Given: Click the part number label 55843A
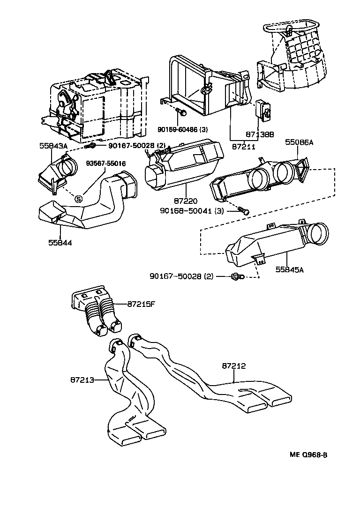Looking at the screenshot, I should tap(53, 146).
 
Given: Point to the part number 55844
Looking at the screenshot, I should tap(60, 242).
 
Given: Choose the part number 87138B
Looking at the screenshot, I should tap(260, 134).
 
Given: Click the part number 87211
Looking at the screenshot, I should tap(244, 146).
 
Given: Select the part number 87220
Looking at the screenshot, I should tap(186, 199).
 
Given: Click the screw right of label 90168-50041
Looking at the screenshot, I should tap(243, 211).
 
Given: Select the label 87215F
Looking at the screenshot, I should tap(141, 304).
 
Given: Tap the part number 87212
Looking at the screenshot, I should tap(234, 366).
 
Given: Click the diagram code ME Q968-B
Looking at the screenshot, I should tap(307, 455).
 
